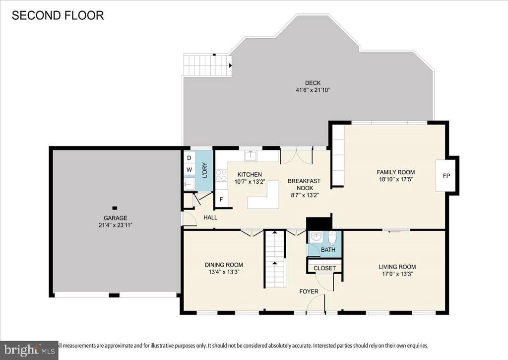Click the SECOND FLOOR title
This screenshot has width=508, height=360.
pos(58,15)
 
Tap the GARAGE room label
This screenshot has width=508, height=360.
pos(115,218)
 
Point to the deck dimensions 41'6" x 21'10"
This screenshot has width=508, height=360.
pos(313,90)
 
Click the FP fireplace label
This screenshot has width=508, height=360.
pos(446,176)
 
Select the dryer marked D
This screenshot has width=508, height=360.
pos(189,158)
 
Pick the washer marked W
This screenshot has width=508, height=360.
pos(189,170)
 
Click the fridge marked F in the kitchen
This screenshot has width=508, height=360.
pos(221,199)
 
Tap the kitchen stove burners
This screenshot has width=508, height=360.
pos(221,175)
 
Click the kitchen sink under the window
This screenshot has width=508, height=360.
pos(251,156)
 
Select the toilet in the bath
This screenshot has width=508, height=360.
pos(332,237)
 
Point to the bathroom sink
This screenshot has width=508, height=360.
pos(316,237)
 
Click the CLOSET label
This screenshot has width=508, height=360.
pos(324,268)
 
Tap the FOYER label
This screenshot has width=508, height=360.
pos(309,291)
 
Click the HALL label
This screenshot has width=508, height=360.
pos(210,217)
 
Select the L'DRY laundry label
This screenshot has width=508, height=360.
pos(205,170)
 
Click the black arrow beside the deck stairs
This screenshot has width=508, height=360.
pos(230,66)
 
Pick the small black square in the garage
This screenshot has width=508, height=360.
pos(115,208)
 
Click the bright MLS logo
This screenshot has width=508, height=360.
pos(29,350)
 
